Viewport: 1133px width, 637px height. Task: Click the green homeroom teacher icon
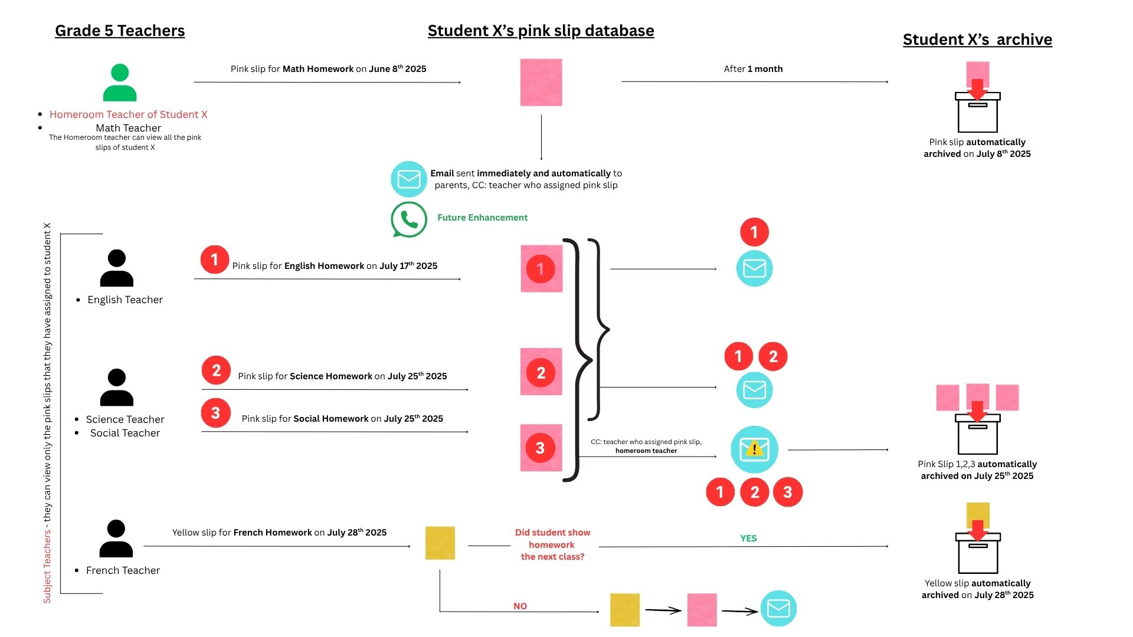pos(120,83)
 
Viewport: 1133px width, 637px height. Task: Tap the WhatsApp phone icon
pos(408,219)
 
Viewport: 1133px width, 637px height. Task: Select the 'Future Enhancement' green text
pos(482,218)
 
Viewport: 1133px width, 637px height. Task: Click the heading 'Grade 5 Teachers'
pos(120,31)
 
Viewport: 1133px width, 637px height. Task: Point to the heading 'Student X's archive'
pos(977,40)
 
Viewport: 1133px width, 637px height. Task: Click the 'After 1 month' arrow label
pos(753,69)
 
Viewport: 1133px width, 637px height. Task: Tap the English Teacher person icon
pos(117,268)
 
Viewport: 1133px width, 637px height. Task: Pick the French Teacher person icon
pos(116,539)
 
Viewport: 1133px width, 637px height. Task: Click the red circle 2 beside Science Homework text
pos(216,370)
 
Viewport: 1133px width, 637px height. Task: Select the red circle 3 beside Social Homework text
pos(215,413)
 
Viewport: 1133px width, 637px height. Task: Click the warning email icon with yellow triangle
pos(754,449)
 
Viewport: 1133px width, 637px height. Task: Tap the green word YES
pos(748,539)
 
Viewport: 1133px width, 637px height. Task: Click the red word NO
pos(520,606)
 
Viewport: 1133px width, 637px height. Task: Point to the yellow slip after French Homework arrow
pos(440,543)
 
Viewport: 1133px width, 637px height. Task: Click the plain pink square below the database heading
pos(541,83)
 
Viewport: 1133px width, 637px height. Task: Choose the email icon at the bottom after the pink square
pos(778,609)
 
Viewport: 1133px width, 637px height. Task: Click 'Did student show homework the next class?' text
pos(552,544)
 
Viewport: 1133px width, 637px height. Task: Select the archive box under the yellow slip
pos(978,553)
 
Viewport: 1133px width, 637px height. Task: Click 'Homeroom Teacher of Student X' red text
pos(128,114)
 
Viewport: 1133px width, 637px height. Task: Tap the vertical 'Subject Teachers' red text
pos(47,566)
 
